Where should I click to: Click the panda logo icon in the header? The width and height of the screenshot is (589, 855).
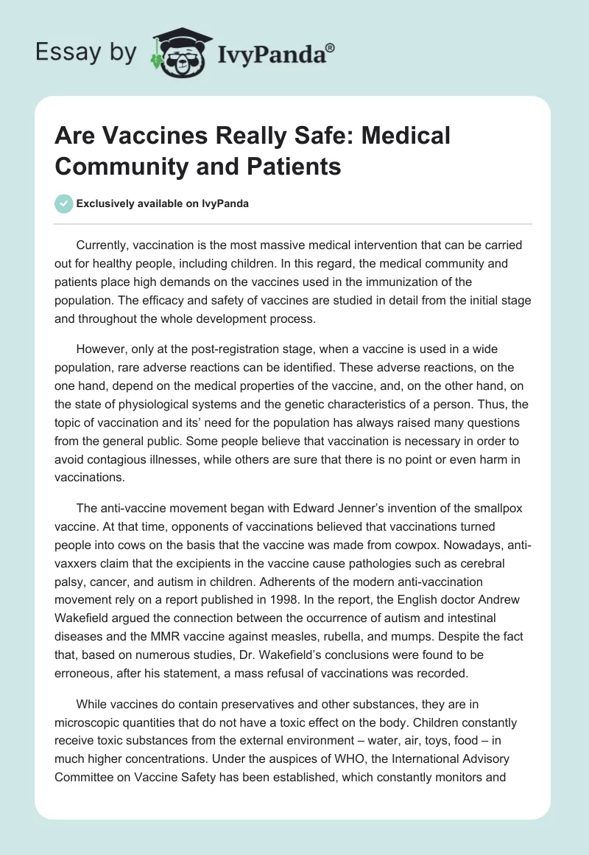(177, 51)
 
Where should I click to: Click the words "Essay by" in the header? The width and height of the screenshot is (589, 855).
(85, 52)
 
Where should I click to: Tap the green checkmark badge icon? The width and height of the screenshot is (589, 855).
(65, 203)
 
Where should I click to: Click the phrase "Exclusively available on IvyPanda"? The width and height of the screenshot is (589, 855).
(163, 204)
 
